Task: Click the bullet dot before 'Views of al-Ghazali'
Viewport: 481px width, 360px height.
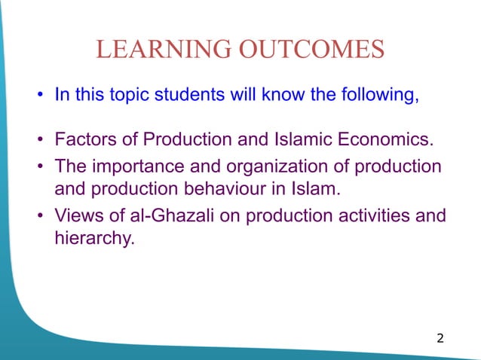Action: click(38, 217)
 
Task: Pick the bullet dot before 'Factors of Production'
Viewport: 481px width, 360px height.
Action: click(38, 141)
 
